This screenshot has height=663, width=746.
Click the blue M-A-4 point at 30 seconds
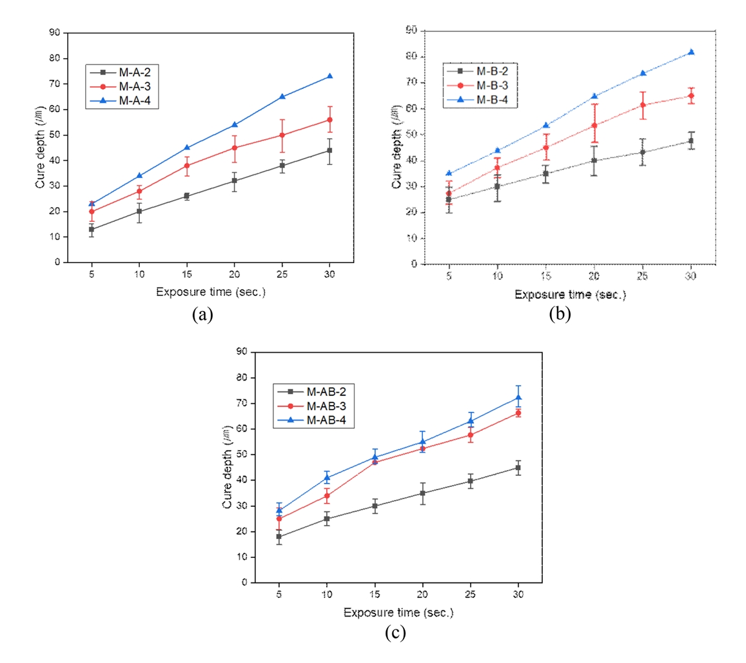329,76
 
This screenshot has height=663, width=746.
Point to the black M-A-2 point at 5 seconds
92,229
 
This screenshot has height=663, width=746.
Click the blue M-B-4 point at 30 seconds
691,52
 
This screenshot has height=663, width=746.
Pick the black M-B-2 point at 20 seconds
594,161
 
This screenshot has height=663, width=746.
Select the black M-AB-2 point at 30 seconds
518,468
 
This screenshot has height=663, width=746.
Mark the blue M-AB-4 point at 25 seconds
470,421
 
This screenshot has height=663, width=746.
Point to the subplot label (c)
395,634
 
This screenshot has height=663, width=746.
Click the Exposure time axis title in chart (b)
570,295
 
